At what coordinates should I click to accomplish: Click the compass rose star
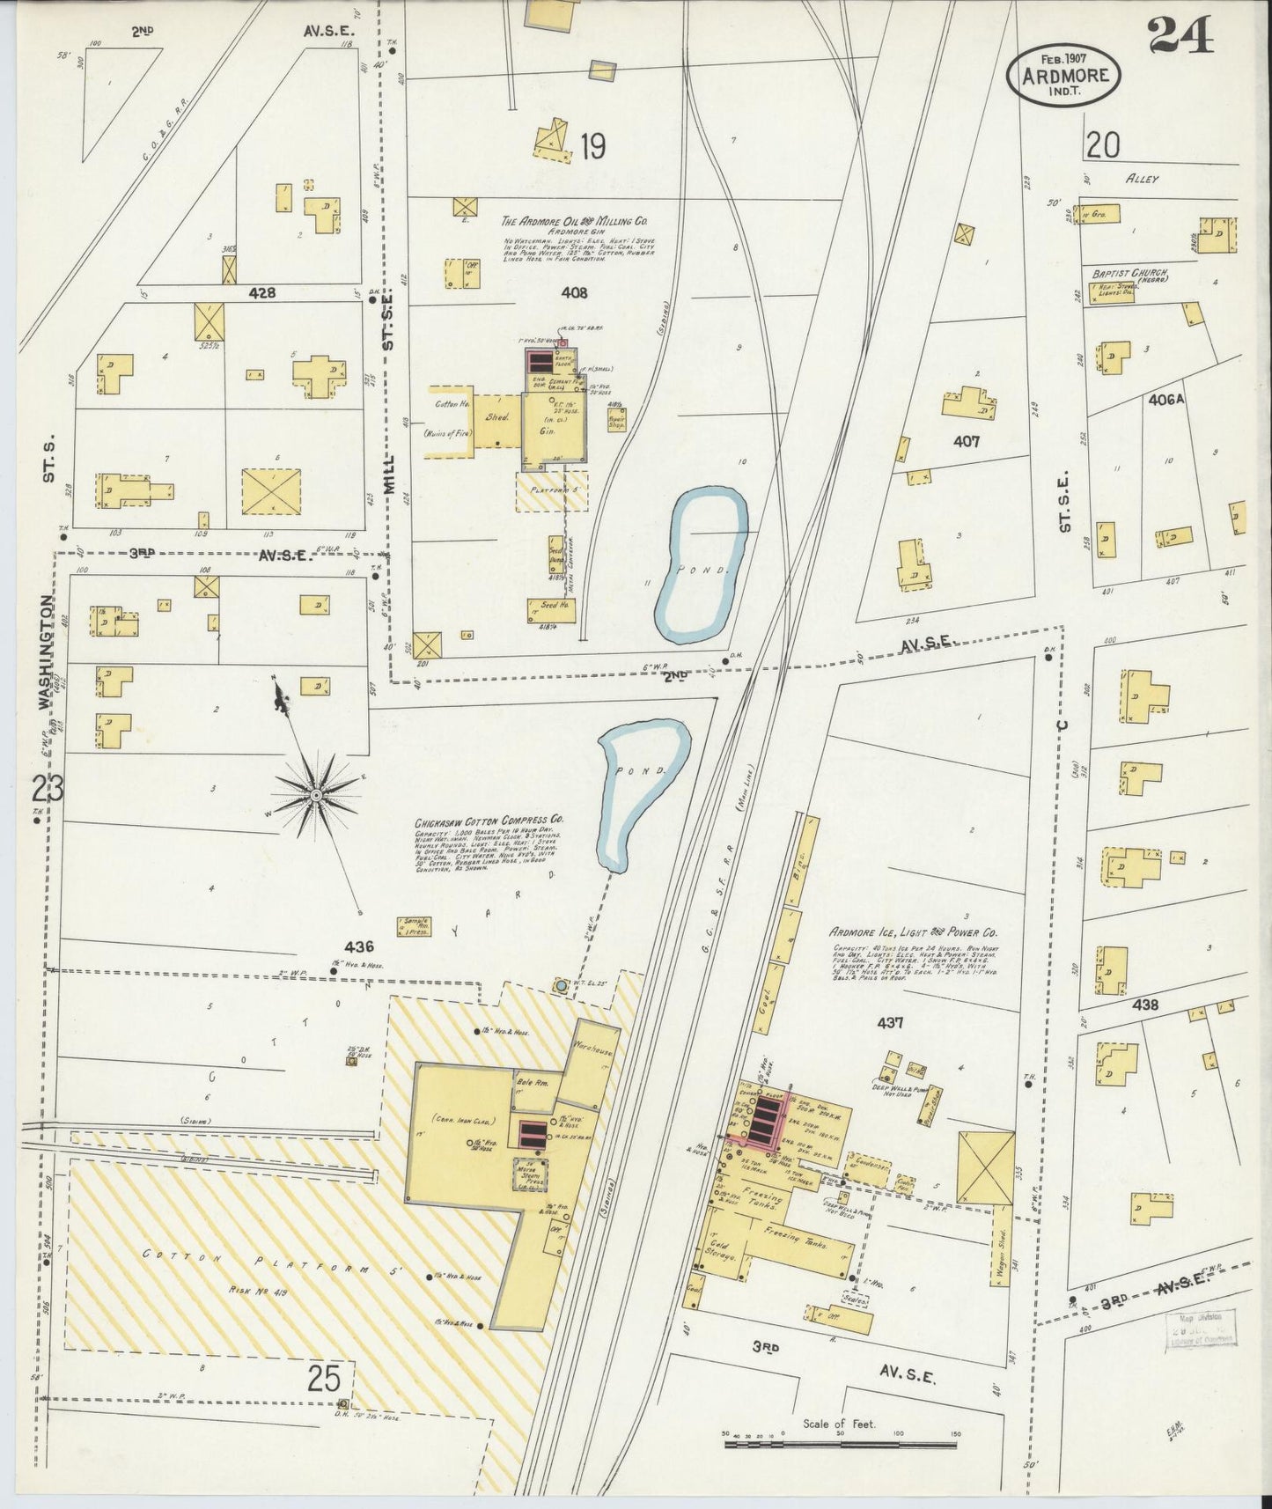315,795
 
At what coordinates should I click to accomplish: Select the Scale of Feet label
838,1423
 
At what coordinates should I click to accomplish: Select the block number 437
891,1023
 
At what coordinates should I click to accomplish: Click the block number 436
359,947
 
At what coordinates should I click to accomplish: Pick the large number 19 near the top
592,146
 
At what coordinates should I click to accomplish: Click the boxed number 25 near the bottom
324,1379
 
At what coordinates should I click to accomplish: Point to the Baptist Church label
1128,275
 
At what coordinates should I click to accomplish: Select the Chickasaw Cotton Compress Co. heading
489,820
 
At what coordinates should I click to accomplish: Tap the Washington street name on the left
46,651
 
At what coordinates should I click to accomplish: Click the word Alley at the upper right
1142,179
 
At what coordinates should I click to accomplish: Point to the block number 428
261,292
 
